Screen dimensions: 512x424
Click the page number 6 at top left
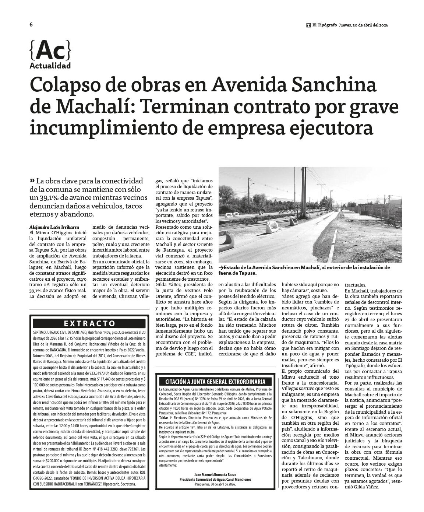coord(31,25)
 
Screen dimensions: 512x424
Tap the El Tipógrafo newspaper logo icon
coord(308,25)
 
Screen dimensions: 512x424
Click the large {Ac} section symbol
coord(50,50)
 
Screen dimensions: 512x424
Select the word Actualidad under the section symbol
coord(50,66)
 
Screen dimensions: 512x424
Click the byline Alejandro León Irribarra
coord(54,228)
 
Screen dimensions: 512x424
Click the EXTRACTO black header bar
coord(89,323)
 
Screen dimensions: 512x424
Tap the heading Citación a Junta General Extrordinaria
coord(215,382)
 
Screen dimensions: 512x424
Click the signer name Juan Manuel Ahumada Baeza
coord(215,475)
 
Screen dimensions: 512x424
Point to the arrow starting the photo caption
coord(221,268)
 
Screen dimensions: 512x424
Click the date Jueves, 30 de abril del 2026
coord(364,25)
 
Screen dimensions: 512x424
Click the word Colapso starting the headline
coord(63,85)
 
